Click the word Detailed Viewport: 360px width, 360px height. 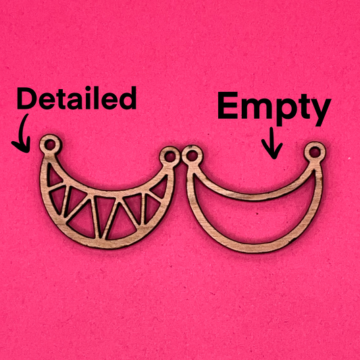point(77,98)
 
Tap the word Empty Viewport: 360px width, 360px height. point(274,109)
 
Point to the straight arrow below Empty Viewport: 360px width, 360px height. point(272,143)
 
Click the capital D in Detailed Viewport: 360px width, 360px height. point(26,98)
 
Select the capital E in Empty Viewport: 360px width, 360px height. point(228,105)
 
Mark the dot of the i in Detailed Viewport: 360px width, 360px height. point(88,89)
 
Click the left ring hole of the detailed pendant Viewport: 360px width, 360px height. point(49,145)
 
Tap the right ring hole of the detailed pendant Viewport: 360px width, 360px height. point(170,157)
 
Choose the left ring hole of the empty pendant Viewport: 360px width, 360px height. point(192,156)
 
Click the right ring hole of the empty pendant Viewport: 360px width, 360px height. point(315,152)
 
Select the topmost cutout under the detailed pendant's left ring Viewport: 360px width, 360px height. point(53,176)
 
